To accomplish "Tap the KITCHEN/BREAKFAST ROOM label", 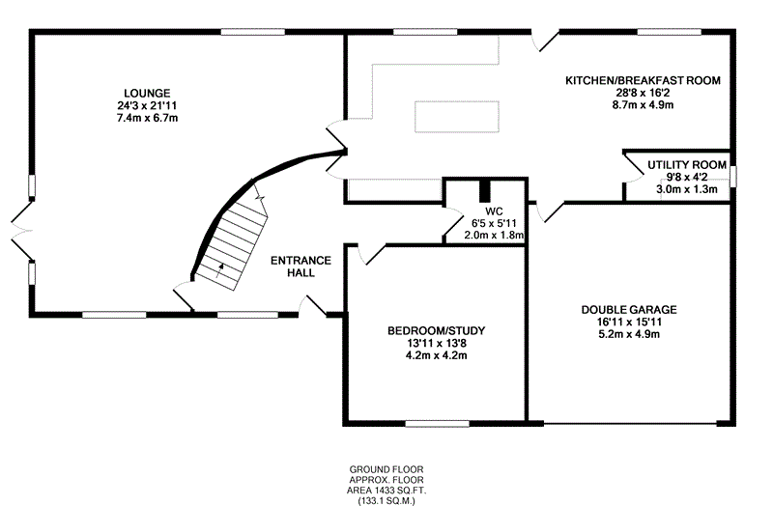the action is click(x=643, y=79).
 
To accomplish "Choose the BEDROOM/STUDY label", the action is click(x=436, y=331).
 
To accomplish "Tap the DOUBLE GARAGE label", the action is click(x=628, y=310).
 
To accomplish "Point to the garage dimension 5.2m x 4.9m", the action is click(x=628, y=334).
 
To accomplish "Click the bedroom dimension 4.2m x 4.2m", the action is click(x=436, y=355).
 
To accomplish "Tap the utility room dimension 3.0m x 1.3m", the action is click(x=687, y=189).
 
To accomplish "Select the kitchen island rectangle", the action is click(x=457, y=116).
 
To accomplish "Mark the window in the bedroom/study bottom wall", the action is click(x=437, y=422).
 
